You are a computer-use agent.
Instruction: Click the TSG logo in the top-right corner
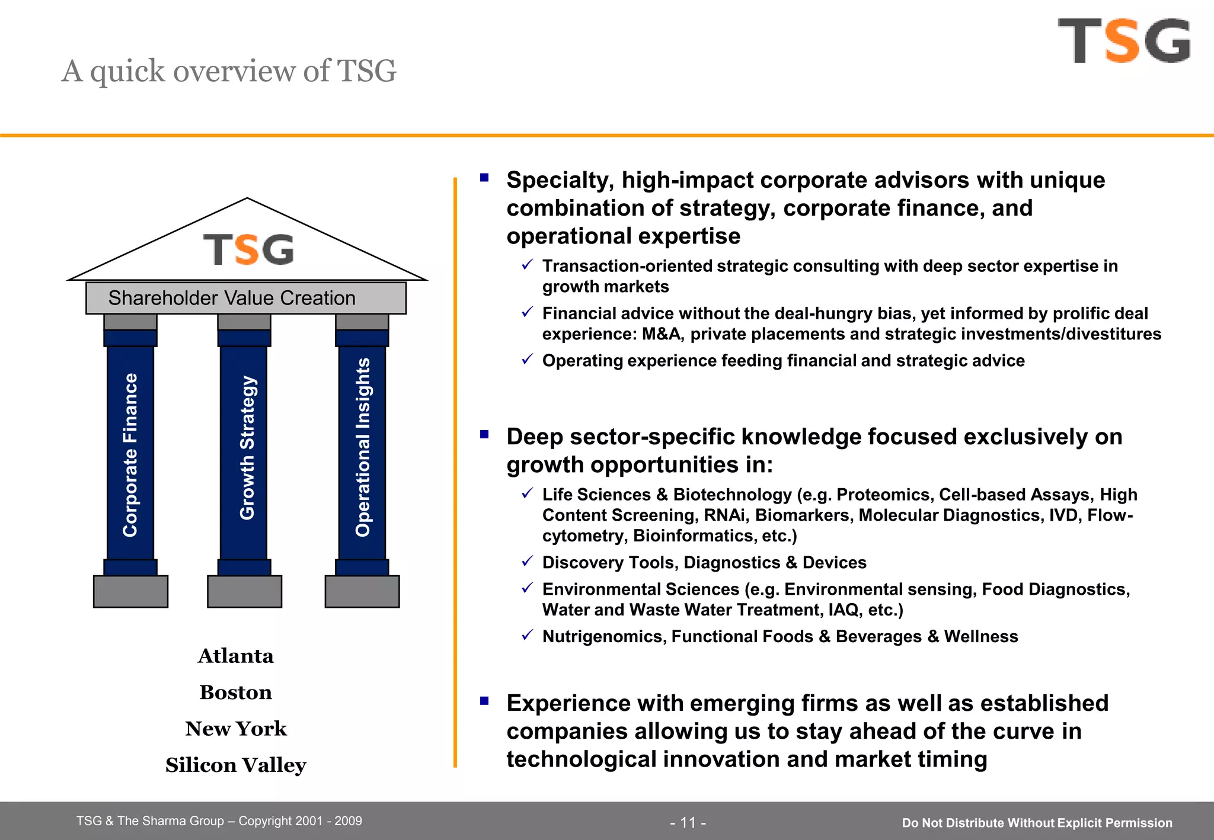(x=1124, y=40)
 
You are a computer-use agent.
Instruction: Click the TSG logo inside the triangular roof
(x=248, y=249)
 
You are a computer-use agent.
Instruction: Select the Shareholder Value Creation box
(x=245, y=298)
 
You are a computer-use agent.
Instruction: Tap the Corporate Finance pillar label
(x=130, y=454)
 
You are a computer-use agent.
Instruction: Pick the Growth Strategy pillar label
(x=247, y=448)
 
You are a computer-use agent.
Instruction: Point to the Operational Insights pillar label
(x=363, y=447)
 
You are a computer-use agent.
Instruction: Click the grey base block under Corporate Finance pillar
(x=130, y=591)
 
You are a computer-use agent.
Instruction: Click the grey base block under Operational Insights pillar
(x=362, y=591)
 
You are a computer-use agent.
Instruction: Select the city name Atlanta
(x=235, y=656)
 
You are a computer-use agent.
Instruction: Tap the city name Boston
(x=235, y=692)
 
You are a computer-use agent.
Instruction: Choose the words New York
(x=235, y=729)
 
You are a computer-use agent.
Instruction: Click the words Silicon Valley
(x=235, y=765)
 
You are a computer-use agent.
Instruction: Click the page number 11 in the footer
(x=688, y=822)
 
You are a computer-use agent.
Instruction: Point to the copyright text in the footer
(x=219, y=821)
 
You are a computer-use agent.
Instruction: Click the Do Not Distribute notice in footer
(x=1037, y=823)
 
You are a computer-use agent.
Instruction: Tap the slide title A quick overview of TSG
(x=229, y=71)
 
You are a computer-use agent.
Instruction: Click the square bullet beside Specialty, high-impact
(x=484, y=177)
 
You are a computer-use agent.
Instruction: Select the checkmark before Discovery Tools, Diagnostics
(x=527, y=560)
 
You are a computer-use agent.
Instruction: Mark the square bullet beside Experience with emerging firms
(x=484, y=701)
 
